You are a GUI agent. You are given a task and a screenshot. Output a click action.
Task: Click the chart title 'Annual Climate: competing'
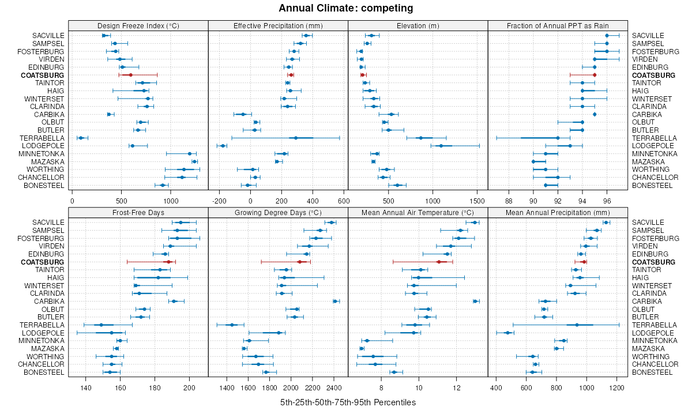(346, 8)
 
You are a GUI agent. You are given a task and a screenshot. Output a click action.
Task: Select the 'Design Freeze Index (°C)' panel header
(138, 25)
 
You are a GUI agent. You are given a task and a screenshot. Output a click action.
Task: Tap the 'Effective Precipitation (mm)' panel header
(278, 25)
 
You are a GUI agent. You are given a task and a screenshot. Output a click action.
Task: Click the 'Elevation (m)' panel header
(418, 25)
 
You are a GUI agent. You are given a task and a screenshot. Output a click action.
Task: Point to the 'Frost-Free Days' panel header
(138, 213)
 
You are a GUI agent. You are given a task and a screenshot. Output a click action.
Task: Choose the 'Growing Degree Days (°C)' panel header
(278, 213)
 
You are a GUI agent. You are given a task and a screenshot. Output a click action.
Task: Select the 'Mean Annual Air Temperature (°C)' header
(418, 213)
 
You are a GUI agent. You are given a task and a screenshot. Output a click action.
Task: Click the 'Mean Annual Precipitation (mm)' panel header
(558, 213)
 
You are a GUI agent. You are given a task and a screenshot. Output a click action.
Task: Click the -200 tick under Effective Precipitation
(220, 201)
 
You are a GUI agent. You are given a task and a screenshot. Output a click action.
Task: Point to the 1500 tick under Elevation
(477, 201)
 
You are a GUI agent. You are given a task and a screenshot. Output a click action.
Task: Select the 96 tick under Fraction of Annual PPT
(607, 201)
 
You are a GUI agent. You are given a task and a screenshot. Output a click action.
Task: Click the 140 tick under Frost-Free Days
(86, 387)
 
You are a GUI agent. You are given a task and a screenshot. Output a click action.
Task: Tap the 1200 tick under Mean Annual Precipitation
(616, 387)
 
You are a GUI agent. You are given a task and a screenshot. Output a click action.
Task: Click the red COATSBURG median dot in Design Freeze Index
(130, 75)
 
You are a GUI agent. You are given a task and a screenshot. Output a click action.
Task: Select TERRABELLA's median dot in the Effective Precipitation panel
(296, 138)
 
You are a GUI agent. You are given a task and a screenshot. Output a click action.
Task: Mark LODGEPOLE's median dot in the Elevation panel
(441, 146)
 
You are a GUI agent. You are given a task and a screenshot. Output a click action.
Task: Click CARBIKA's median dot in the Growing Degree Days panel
(335, 301)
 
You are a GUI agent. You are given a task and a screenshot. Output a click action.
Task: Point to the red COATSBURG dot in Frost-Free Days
(168, 262)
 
